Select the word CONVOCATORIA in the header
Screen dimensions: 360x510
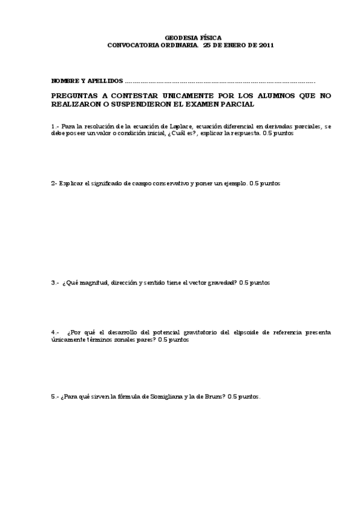(130, 45)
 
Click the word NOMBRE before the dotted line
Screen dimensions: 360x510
(64, 80)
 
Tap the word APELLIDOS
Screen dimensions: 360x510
(106, 80)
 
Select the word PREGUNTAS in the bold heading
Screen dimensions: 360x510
(76, 96)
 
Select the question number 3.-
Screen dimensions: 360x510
(55, 283)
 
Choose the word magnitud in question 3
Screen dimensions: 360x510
(96, 283)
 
